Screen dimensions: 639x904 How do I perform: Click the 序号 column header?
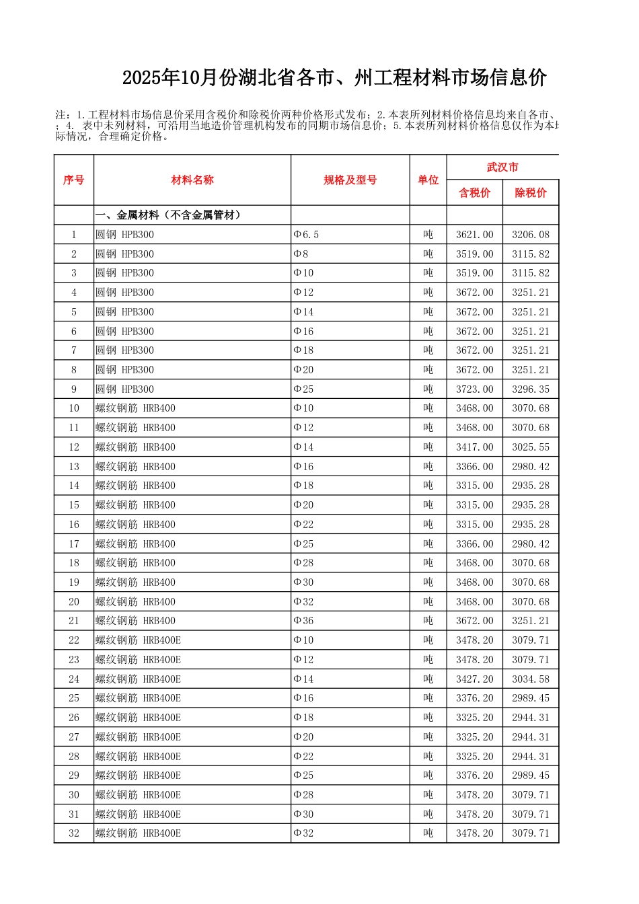(x=74, y=180)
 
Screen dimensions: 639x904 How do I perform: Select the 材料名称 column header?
(x=192, y=180)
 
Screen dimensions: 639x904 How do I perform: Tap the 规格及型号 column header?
(x=350, y=180)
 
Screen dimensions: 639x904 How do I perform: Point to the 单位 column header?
(x=428, y=180)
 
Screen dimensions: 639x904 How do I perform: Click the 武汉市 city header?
(x=502, y=167)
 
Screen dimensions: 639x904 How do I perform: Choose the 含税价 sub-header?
(x=474, y=193)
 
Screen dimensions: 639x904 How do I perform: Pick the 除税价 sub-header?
(x=530, y=193)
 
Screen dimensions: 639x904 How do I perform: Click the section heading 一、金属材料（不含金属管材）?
(x=168, y=215)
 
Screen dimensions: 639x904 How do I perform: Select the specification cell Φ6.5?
(x=306, y=235)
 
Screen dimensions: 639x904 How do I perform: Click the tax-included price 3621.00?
(x=474, y=235)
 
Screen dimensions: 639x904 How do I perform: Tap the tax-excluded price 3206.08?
(x=530, y=235)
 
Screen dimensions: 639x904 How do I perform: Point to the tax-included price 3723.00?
(x=474, y=389)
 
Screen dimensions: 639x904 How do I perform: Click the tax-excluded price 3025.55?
(x=530, y=447)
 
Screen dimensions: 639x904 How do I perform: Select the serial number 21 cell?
(x=74, y=621)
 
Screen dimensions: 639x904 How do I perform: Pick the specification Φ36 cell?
(x=303, y=621)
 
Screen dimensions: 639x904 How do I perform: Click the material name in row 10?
(x=135, y=408)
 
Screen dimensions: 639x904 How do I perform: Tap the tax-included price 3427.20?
(x=474, y=679)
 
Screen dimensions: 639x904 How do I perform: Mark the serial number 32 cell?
(x=74, y=833)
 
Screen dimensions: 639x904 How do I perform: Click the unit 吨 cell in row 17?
(x=428, y=544)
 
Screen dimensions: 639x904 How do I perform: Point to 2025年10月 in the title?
(x=170, y=78)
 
